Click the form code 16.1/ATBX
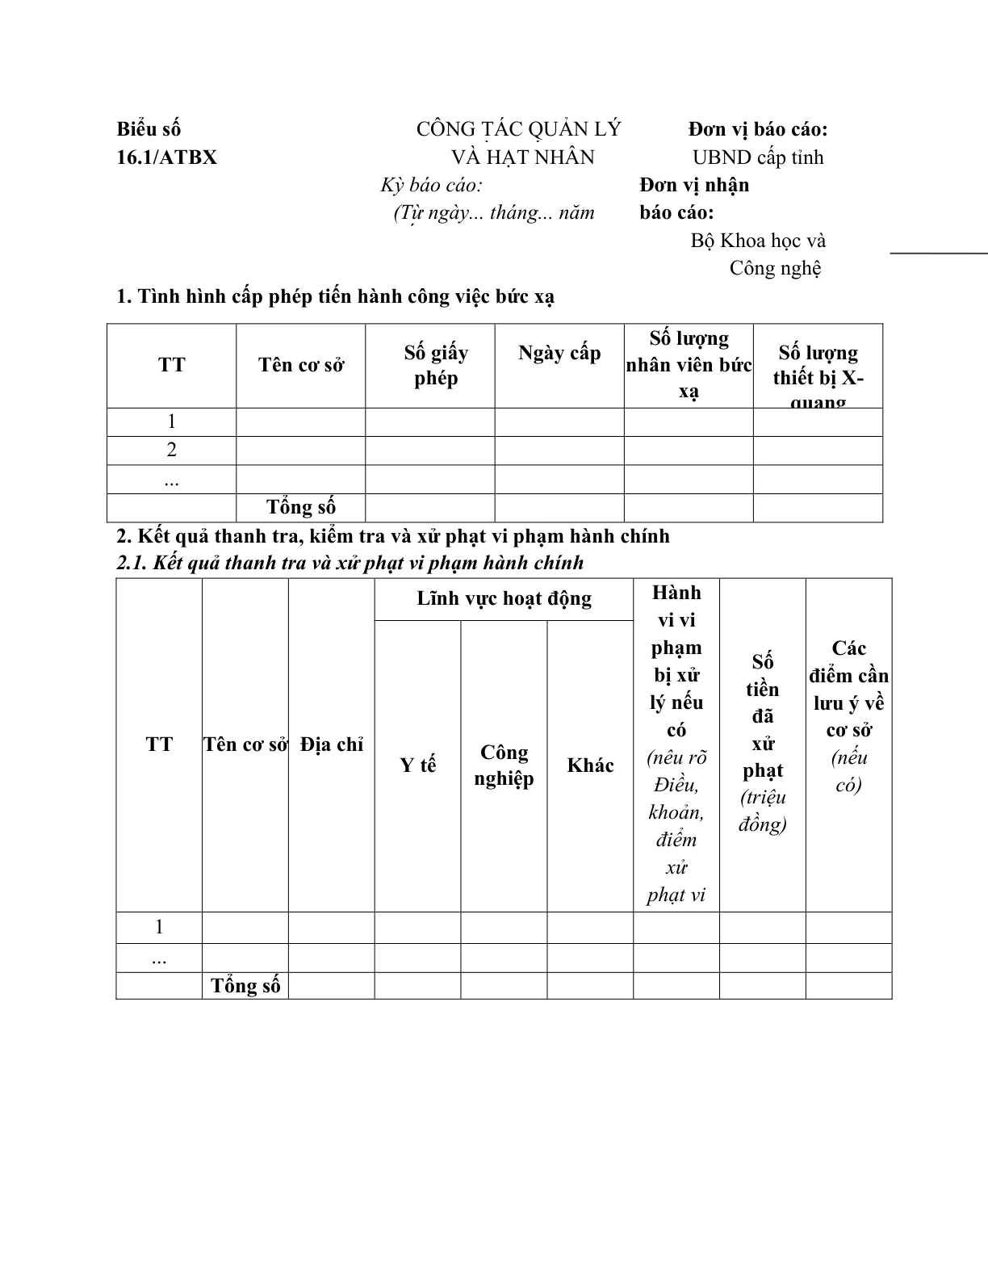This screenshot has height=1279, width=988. tap(166, 157)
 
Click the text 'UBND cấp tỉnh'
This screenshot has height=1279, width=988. tap(758, 157)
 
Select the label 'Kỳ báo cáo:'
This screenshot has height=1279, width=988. tap(432, 185)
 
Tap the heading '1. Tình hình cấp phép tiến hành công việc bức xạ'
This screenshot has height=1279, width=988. tap(335, 296)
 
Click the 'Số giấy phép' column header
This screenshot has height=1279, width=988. tap(436, 365)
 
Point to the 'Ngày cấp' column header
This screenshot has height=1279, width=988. tap(559, 353)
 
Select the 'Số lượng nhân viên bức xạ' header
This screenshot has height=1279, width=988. tap(689, 364)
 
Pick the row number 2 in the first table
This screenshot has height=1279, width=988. tap(171, 450)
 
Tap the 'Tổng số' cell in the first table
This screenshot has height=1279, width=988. tap(301, 507)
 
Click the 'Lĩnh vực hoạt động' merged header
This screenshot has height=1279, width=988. tap(504, 598)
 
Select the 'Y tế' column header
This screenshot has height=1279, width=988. tap(417, 765)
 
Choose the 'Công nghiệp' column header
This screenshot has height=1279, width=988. tap(504, 765)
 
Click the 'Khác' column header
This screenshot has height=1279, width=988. tap(590, 765)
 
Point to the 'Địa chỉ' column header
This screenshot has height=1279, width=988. tap(332, 744)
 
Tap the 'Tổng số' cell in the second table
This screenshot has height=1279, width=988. tap(245, 985)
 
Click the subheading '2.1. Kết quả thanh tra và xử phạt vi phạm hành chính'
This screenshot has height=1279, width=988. tap(350, 563)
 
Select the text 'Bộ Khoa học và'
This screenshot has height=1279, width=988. tap(758, 241)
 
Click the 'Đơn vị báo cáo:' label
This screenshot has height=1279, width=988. tap(758, 129)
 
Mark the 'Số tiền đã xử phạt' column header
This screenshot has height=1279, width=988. tap(763, 742)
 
